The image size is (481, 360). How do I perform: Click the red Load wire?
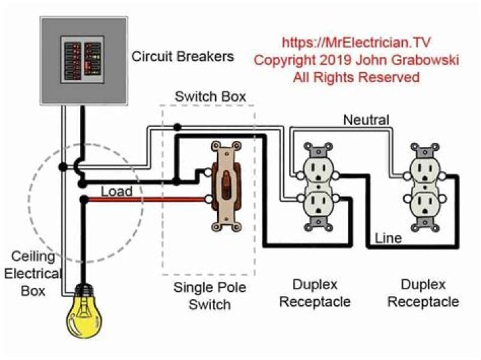[x=147, y=199]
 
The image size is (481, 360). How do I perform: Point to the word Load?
[x=116, y=192]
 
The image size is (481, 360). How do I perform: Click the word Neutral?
[x=366, y=120]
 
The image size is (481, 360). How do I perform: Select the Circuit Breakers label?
[x=182, y=56]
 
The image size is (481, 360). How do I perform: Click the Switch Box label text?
[x=205, y=96]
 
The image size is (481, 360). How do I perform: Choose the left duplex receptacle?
[x=315, y=182]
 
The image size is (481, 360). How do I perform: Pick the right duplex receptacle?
[x=424, y=182]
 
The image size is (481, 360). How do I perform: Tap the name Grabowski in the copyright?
[x=421, y=60]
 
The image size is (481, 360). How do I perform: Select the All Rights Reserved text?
[x=357, y=77]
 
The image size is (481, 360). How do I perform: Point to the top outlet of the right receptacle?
[x=424, y=166]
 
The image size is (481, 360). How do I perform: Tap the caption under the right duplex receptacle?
[x=424, y=294]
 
